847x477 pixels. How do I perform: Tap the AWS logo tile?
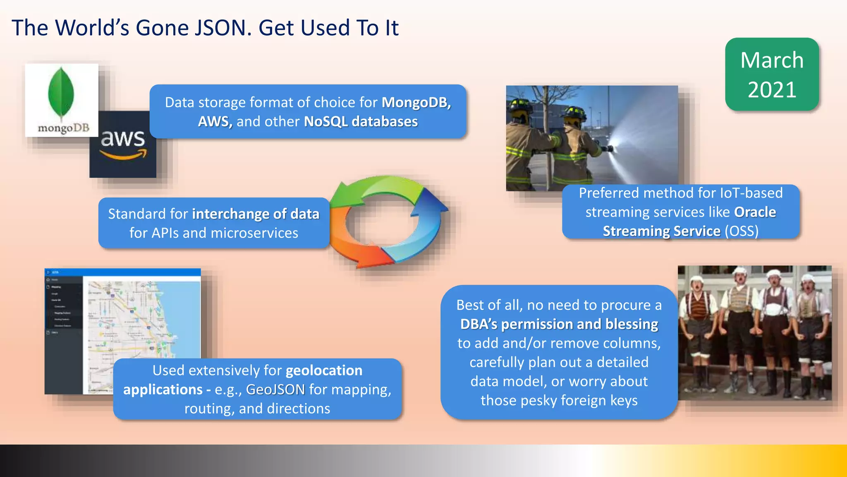tap(123, 145)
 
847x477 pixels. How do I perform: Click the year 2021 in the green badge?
tap(772, 90)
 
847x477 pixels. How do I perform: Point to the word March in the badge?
tap(772, 60)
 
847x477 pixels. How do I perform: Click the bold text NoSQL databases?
tap(361, 122)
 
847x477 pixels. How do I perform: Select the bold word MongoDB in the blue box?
tap(416, 102)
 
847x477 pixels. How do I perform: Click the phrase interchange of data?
tap(256, 214)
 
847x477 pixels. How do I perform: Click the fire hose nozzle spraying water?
tap(608, 148)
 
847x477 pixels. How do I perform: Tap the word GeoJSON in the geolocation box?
tap(275, 390)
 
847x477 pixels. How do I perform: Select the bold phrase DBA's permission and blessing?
tap(559, 324)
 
